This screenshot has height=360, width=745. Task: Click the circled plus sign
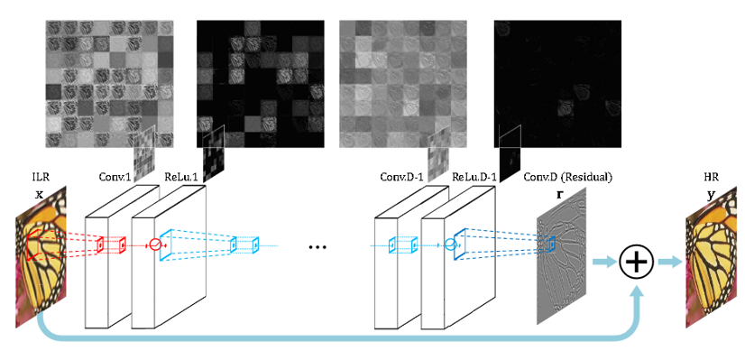(638, 262)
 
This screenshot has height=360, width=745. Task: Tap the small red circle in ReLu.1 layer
(154, 244)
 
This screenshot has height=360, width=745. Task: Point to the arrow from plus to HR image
(670, 262)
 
